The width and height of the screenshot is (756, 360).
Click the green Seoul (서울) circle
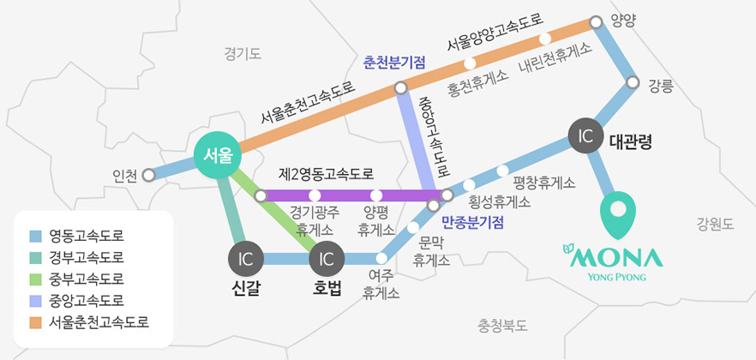click(216, 156)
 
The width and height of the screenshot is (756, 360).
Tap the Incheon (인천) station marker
click(149, 175)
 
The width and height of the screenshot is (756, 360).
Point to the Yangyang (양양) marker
click(597, 22)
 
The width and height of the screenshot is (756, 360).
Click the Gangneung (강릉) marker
click(633, 83)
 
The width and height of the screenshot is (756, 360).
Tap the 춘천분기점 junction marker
click(400, 88)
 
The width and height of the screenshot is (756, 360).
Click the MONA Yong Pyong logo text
click(614, 261)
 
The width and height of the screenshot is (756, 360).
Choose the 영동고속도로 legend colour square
click(36, 236)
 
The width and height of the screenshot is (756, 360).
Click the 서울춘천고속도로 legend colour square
click(36, 322)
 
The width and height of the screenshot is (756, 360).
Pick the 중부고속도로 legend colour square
click(36, 279)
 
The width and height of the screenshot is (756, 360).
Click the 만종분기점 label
click(472, 222)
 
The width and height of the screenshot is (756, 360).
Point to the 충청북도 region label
click(502, 326)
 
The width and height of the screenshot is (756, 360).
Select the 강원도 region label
click(716, 225)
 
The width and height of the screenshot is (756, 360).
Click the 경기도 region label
click(243, 54)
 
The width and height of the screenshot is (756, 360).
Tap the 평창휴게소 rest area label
click(543, 183)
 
